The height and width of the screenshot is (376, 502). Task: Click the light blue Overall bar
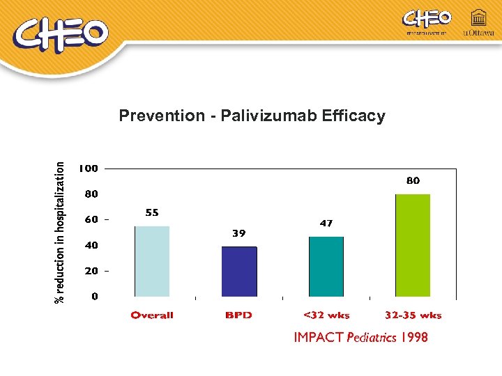click(x=152, y=262)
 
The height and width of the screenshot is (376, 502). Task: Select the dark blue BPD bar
click(x=239, y=272)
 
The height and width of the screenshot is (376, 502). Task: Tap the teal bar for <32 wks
click(x=326, y=267)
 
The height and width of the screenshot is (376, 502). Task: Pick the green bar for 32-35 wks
click(x=413, y=246)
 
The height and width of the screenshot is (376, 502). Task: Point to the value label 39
click(x=239, y=234)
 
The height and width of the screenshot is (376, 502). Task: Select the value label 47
click(x=326, y=224)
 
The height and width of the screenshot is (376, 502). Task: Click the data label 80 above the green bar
click(x=413, y=180)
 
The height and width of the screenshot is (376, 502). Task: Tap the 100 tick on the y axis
click(x=88, y=169)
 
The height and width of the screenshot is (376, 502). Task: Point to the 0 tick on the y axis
click(x=94, y=297)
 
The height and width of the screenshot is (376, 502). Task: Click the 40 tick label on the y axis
click(x=91, y=245)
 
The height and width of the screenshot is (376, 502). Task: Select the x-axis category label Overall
click(x=152, y=315)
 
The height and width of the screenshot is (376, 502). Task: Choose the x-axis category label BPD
click(x=238, y=315)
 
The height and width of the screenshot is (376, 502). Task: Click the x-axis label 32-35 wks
click(x=413, y=315)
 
